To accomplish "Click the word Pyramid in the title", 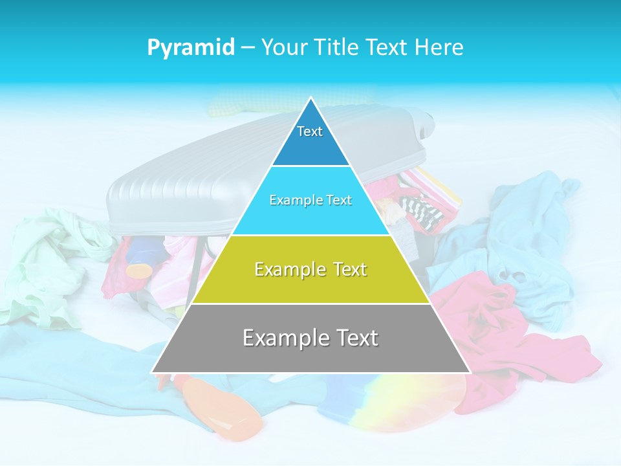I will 190,47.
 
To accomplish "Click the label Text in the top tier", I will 310,131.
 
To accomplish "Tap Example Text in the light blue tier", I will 310,200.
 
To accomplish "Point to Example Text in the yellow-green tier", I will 310,269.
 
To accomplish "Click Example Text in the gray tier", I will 310,338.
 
